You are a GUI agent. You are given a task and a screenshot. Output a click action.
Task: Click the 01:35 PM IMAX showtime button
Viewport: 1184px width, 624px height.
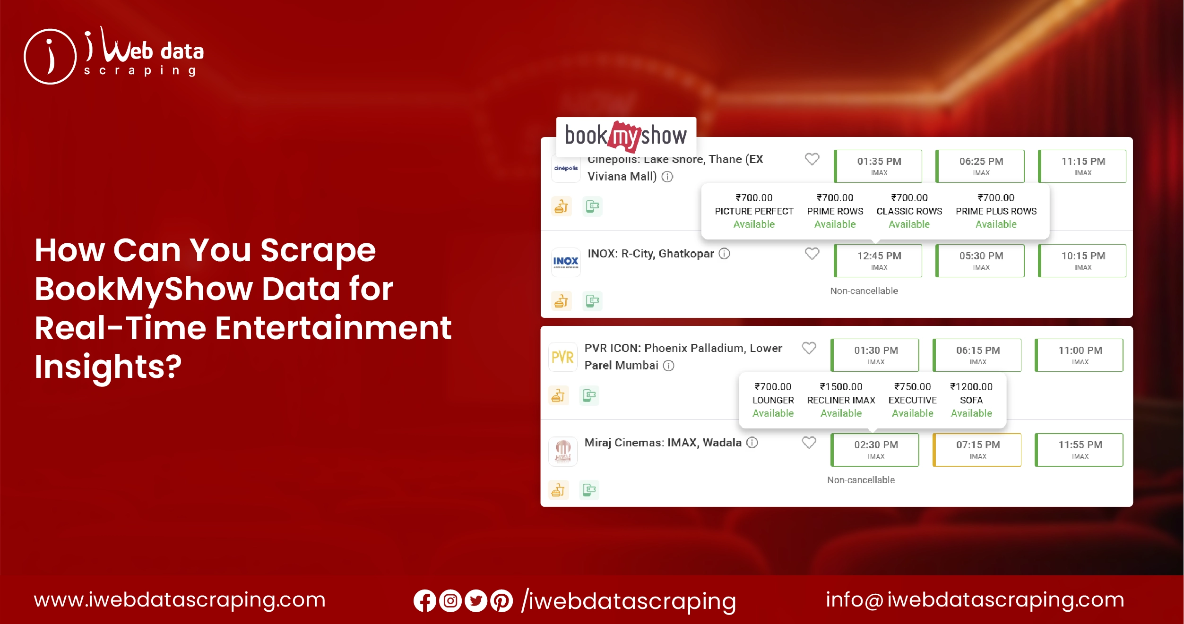879,166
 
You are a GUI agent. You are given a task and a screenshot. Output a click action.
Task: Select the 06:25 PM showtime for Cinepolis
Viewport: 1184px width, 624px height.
981,166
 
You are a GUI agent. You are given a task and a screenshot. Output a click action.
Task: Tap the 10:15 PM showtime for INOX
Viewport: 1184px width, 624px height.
1083,260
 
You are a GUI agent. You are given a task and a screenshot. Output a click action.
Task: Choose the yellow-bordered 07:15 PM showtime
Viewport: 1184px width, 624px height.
977,449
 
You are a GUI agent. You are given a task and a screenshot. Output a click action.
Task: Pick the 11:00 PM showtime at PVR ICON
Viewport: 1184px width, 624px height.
1080,355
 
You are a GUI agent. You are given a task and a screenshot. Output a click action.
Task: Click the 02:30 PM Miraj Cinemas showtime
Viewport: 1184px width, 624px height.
875,449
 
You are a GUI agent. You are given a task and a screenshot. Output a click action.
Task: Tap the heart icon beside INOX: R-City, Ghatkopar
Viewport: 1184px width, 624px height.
812,254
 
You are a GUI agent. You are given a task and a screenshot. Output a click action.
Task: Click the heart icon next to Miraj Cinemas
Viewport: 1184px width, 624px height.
809,443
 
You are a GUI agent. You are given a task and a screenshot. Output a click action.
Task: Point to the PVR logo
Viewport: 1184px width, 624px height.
562,357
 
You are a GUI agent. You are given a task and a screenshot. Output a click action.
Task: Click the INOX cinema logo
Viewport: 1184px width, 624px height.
566,262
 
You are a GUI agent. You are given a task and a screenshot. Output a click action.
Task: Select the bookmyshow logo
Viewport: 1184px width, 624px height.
626,136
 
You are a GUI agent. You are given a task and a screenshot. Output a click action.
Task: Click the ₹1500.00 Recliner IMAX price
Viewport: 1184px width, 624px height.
841,387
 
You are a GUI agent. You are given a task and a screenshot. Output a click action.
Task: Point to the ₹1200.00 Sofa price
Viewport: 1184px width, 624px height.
971,387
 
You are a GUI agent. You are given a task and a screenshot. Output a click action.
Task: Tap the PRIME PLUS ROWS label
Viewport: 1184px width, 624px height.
996,211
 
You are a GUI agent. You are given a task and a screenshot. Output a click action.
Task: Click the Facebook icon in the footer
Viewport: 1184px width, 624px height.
424,601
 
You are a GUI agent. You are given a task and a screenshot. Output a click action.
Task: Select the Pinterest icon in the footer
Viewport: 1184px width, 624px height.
501,601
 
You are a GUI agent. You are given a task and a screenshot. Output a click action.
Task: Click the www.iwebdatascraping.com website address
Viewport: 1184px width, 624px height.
180,600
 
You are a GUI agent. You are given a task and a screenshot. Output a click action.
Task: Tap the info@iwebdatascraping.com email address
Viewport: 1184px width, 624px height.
975,600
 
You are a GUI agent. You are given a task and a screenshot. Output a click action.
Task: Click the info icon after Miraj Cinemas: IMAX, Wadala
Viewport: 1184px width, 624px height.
752,443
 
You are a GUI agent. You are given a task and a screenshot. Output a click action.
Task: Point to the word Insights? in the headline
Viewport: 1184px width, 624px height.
108,367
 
